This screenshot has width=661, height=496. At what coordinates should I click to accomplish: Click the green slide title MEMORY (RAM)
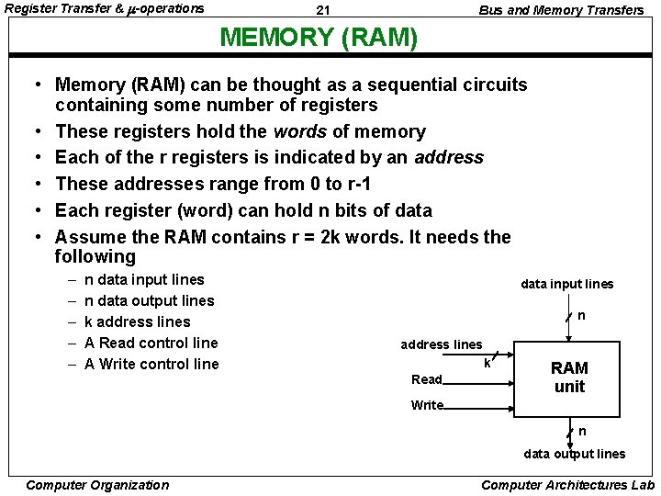coord(319,38)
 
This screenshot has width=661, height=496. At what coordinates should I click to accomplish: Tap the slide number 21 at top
coord(322,10)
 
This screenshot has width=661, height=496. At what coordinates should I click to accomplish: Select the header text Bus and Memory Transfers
coord(561,10)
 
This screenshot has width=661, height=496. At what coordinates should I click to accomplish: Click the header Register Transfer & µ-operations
coord(105,9)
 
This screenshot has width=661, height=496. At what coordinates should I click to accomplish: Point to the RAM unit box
coord(569,377)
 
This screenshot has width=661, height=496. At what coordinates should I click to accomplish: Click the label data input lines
coord(566,285)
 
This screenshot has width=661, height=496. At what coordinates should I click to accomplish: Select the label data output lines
coord(574,454)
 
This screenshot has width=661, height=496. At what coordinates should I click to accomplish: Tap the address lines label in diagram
coord(441,344)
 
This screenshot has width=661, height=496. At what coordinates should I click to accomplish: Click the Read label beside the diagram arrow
coord(427,379)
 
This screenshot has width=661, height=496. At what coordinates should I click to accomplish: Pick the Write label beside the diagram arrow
coord(427,405)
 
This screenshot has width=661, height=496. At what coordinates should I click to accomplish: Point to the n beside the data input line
coord(581,316)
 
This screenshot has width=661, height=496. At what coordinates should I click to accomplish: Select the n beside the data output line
coord(582,432)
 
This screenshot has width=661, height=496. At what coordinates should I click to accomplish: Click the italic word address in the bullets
coord(448,157)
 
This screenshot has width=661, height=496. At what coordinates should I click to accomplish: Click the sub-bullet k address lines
coord(137,321)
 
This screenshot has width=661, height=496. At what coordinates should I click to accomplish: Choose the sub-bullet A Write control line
coord(151,364)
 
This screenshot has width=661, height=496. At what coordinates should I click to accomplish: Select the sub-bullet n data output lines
coord(149,300)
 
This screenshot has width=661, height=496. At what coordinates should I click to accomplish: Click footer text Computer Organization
coord(98,485)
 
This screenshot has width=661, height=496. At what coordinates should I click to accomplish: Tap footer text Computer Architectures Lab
coord(567,485)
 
